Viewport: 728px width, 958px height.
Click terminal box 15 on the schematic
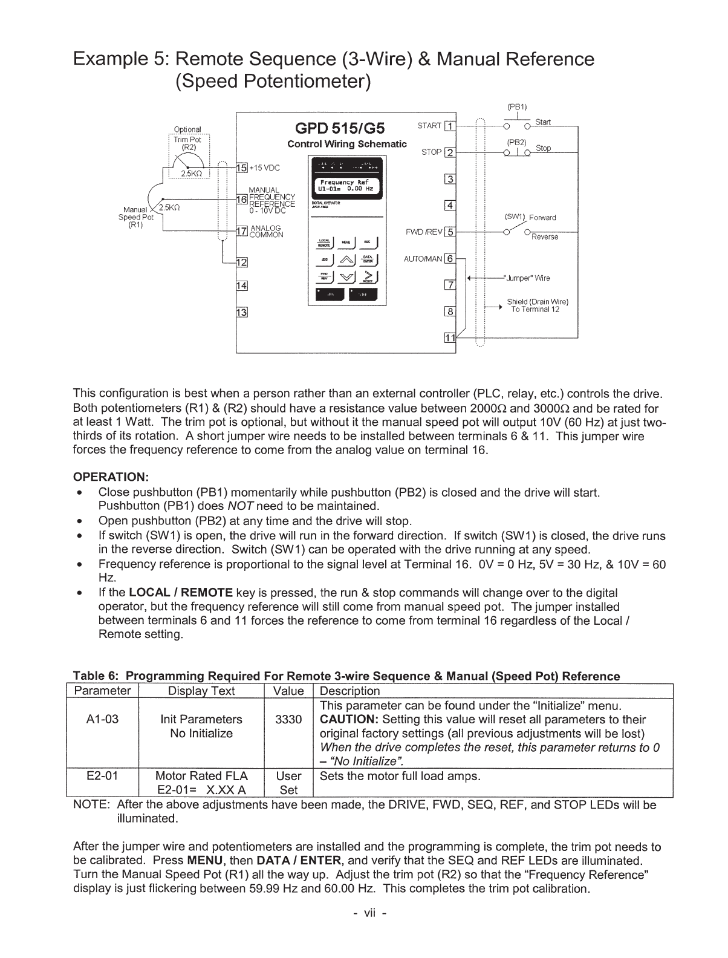[x=241, y=168]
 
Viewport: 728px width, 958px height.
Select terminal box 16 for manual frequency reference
[x=241, y=199]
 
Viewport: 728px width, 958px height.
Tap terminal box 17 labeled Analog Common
[x=241, y=230]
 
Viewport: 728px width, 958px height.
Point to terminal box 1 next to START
[x=449, y=126]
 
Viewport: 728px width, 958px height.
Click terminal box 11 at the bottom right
[x=449, y=337]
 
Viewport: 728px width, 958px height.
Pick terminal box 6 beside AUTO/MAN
[x=449, y=259]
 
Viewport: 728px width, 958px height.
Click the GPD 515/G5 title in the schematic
[x=342, y=128]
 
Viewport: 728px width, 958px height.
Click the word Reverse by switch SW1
[x=545, y=237]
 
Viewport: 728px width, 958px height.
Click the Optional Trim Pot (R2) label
[x=187, y=138]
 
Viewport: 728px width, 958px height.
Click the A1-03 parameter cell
[x=102, y=719]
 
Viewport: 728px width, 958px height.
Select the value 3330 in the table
[x=288, y=719]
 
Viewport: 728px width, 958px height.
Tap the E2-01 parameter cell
[x=102, y=776]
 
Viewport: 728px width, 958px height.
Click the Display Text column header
[x=201, y=691]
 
